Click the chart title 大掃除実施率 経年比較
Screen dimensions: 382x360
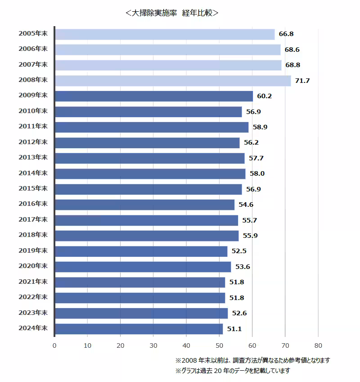pos(172,13)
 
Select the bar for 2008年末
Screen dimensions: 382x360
pos(173,81)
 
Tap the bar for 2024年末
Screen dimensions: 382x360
pos(139,329)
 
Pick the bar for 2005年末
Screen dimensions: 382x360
pos(165,34)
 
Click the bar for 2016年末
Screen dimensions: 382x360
pos(144,205)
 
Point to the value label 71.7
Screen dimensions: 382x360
pos(302,81)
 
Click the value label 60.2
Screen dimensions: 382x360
pos(264,96)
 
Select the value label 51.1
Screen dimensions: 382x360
pos(234,329)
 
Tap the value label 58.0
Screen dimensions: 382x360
pos(257,174)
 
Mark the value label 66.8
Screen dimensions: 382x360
pos(286,34)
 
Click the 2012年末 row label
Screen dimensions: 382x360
pos(33,142)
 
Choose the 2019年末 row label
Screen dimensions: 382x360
pos(33,251)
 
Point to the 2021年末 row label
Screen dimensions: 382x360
pos(33,282)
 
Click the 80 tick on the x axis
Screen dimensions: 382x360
pos(318,346)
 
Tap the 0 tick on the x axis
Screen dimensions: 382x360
pos(54,346)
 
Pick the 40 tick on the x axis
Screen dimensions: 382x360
pos(186,346)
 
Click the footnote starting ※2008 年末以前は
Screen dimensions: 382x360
pos(252,360)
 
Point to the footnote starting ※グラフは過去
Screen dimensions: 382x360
pos(233,371)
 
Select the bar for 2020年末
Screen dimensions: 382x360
pos(143,267)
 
